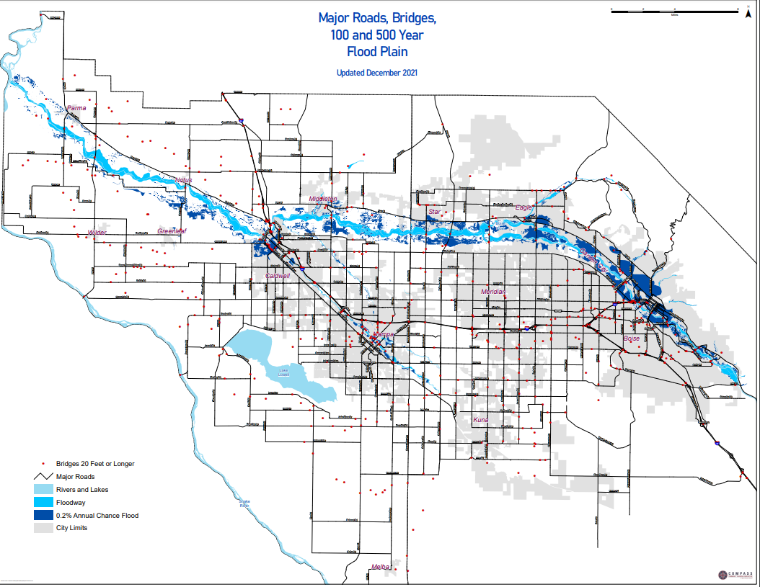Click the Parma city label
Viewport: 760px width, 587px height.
tap(76, 109)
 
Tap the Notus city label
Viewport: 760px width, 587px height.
tap(185, 180)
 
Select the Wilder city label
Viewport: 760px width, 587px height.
tap(97, 233)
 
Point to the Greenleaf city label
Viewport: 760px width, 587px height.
tap(172, 231)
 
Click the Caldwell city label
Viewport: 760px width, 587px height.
tap(278, 276)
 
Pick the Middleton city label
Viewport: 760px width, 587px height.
tap(323, 199)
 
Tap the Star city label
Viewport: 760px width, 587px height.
tap(434, 212)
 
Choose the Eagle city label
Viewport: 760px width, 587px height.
tap(523, 208)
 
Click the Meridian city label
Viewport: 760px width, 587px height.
tap(494, 292)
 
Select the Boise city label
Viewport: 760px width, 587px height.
tap(631, 339)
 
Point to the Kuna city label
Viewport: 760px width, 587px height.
tap(481, 419)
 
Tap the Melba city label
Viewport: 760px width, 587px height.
tap(380, 567)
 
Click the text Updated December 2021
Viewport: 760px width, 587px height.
tap(377, 73)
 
